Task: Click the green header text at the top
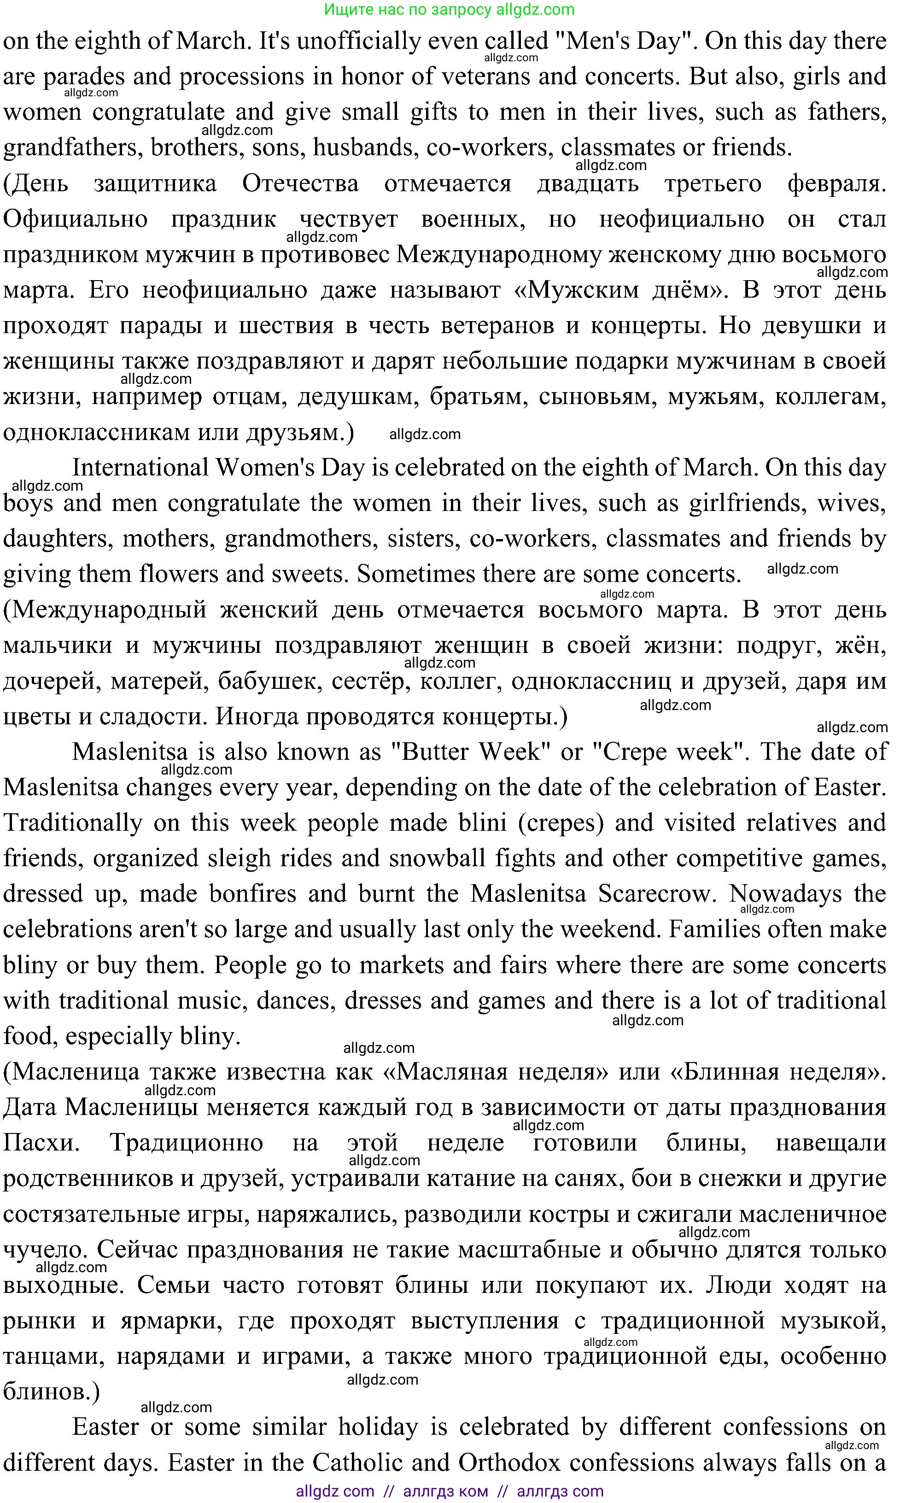(450, 9)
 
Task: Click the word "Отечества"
(300, 184)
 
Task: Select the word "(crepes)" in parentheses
(561, 823)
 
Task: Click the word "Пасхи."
(41, 1143)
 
